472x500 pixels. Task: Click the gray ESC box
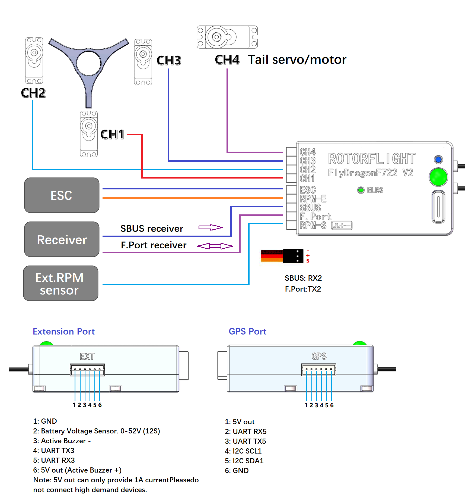[62, 195]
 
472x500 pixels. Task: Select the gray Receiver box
[62, 239]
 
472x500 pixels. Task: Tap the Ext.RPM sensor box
[60, 283]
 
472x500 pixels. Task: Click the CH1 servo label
[112, 134]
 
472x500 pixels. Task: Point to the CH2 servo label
[33, 93]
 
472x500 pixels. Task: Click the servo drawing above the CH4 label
[227, 37]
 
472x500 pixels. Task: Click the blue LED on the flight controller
[438, 159]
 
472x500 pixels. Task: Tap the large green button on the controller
[438, 177]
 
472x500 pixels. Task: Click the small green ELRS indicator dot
[361, 190]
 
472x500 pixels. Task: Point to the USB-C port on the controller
[438, 207]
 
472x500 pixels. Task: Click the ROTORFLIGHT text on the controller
[372, 159]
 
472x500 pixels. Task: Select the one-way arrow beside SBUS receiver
[211, 227]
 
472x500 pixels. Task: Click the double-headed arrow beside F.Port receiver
[215, 246]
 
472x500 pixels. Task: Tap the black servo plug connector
[293, 256]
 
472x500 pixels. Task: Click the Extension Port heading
[64, 331]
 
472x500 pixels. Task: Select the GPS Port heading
[247, 331]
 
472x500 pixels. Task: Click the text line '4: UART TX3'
[54, 451]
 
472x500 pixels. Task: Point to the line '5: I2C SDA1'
[244, 461]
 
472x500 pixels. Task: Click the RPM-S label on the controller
[313, 225]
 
